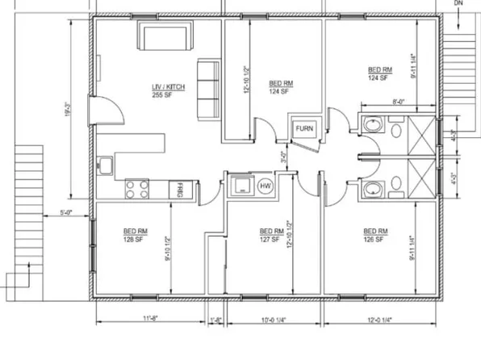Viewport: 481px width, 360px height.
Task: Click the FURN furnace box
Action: click(x=304, y=128)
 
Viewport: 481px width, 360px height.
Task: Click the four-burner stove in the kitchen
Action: click(x=137, y=190)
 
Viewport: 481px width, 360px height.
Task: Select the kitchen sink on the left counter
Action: click(x=105, y=167)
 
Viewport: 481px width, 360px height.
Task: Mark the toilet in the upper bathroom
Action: click(x=373, y=127)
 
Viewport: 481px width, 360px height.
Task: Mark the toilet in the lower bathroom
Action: click(x=373, y=188)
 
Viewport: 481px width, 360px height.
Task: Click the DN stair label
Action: click(x=459, y=4)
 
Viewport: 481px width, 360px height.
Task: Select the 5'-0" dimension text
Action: click(x=67, y=213)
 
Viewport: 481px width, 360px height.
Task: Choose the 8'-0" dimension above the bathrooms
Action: click(x=399, y=103)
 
